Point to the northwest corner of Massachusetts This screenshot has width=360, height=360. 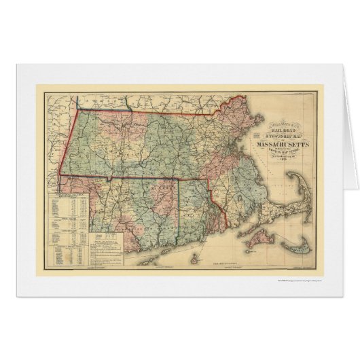click(76, 111)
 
